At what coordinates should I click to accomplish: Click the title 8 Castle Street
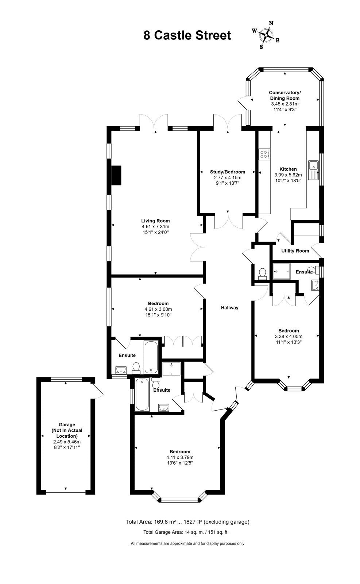click(x=187, y=35)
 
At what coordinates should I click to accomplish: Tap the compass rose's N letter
click(x=271, y=23)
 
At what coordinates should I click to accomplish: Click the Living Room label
click(x=155, y=221)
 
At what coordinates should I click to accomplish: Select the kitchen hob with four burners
click(x=264, y=154)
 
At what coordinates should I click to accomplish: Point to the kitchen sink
click(x=313, y=170)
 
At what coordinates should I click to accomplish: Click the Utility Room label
click(x=295, y=251)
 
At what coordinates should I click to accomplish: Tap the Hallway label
click(x=230, y=308)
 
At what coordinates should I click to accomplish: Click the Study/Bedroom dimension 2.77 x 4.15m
click(x=228, y=177)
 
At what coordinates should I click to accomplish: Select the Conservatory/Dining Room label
click(x=285, y=95)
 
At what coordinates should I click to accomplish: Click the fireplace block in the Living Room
click(x=116, y=176)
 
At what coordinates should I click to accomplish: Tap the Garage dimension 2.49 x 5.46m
click(x=67, y=442)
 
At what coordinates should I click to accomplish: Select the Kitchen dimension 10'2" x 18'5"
click(x=288, y=180)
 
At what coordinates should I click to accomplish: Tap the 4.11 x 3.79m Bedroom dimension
click(x=180, y=457)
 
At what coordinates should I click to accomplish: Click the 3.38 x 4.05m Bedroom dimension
click(x=289, y=336)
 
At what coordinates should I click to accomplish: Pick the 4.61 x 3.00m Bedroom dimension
click(x=158, y=309)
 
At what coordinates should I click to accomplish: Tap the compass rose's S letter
click(x=261, y=47)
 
